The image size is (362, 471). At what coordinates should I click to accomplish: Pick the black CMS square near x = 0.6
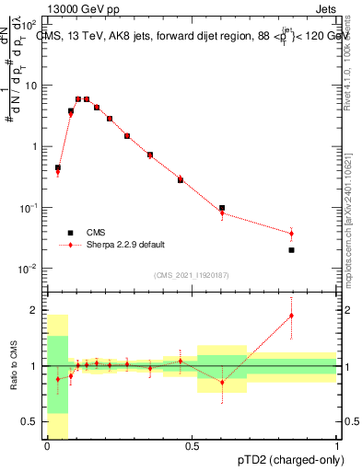222,208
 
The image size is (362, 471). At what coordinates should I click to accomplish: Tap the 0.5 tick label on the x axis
192,446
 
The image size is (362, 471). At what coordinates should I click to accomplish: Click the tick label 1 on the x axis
337,446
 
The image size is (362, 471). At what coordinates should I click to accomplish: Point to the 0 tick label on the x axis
47,446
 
